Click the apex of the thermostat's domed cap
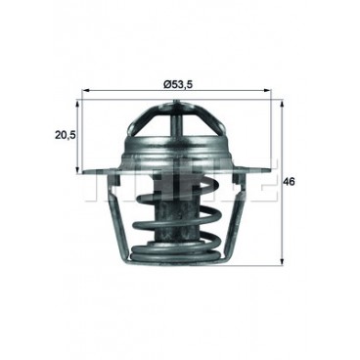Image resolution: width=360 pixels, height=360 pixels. (179, 102)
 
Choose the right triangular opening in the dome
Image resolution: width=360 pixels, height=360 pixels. (203, 132)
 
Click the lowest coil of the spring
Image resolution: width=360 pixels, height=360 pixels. (179, 256)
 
